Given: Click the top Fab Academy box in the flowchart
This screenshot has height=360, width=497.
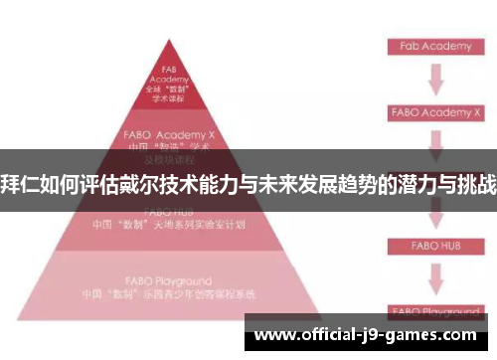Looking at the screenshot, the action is click(x=435, y=46).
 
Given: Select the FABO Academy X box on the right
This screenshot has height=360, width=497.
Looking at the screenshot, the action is click(x=435, y=113).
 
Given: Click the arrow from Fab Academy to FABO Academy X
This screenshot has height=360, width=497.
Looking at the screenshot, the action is click(x=435, y=80).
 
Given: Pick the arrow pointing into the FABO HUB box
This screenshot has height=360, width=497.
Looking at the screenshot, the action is click(x=435, y=215).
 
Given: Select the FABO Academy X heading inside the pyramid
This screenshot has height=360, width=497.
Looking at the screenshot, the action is click(x=169, y=131).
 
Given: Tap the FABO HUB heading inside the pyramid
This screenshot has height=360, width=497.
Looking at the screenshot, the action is click(x=169, y=212).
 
